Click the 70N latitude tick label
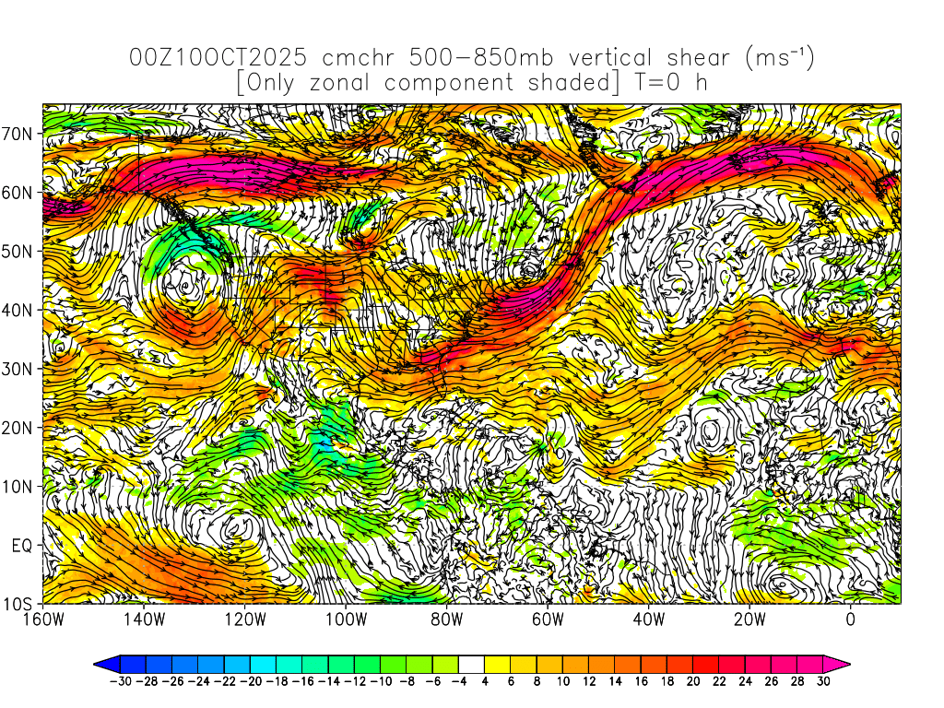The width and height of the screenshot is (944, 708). tap(20, 133)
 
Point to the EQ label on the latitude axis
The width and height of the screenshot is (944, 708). tap(23, 546)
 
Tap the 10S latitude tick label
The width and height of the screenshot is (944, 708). tap(20, 605)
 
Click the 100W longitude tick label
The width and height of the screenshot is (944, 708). tap(346, 619)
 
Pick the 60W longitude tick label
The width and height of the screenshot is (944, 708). tap(548, 619)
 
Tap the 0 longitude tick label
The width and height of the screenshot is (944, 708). tap(851, 619)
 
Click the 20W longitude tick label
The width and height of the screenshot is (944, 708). tap(749, 619)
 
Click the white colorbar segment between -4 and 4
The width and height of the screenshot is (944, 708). tap(471, 663)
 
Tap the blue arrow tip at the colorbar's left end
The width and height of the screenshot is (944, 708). tap(100, 663)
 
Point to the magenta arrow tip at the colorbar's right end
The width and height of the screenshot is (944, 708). tap(844, 663)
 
